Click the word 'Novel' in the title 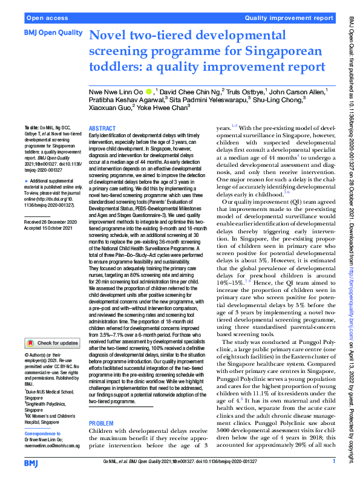(110, 36)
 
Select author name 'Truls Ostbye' (246, 92)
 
